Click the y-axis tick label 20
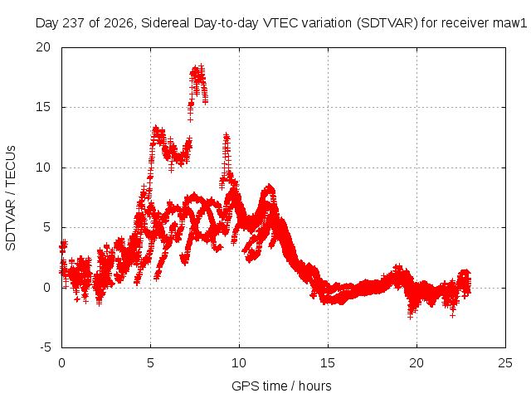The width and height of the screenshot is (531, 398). coord(43,47)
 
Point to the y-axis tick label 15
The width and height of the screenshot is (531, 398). coord(43,107)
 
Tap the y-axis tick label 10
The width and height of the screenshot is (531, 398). coord(43,167)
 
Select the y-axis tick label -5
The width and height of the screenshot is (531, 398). coord(45,347)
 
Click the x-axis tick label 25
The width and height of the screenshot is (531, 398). coord(505,363)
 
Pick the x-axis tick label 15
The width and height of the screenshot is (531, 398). coord(328,363)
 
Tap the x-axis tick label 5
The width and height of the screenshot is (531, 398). coord(150,363)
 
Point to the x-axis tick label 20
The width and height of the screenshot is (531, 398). coord(417,363)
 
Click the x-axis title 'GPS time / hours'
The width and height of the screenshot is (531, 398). coord(281,386)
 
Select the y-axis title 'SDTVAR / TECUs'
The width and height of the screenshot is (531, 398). coord(11,198)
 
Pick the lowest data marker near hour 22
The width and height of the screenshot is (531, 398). coord(452,315)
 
